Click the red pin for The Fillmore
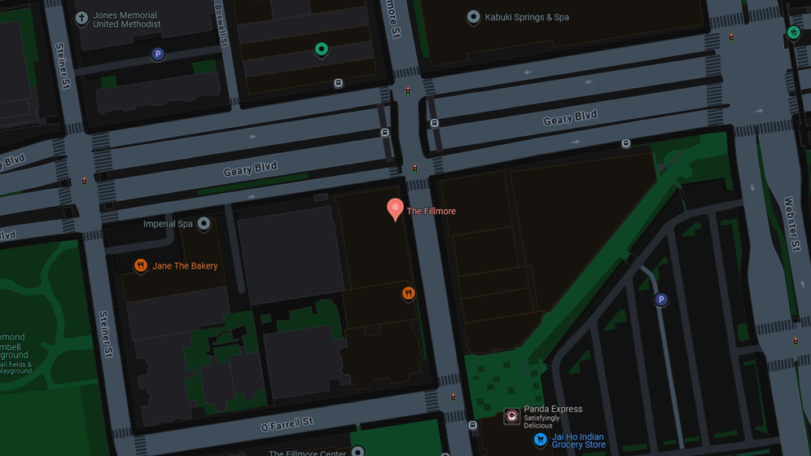coord(395,208)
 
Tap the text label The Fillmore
coord(431,212)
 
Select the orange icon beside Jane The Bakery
coord(140,265)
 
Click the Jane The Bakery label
coord(185,266)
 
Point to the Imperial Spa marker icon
coord(204,223)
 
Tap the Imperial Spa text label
coord(168,224)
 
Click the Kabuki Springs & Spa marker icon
coord(473,17)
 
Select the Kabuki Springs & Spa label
coord(527,17)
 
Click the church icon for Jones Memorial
coord(81,18)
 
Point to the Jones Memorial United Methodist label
coord(127,20)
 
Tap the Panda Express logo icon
coord(511,416)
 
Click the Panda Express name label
coord(553,410)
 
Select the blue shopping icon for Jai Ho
coord(539,440)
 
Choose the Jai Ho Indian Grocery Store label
coord(578,441)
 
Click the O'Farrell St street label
coord(287,423)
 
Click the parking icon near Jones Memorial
coord(158,55)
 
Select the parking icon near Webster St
coord(661,300)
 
